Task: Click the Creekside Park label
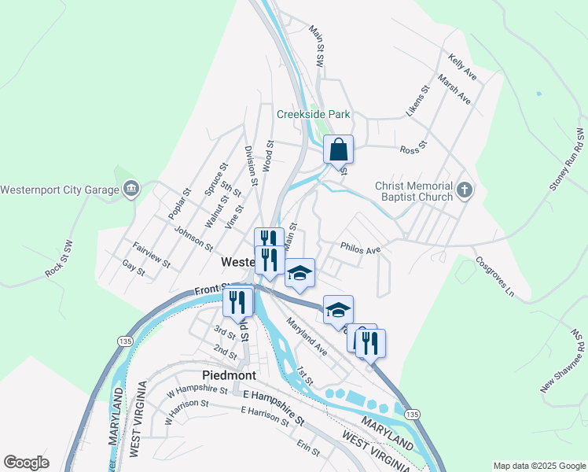313,114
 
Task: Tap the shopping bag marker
338,149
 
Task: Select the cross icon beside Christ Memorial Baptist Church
465,190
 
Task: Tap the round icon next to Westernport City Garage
130,189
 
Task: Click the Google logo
26,463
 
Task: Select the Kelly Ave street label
462,68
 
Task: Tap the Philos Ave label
360,249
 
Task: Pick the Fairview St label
152,254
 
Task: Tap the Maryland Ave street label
306,335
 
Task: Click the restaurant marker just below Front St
237,302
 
